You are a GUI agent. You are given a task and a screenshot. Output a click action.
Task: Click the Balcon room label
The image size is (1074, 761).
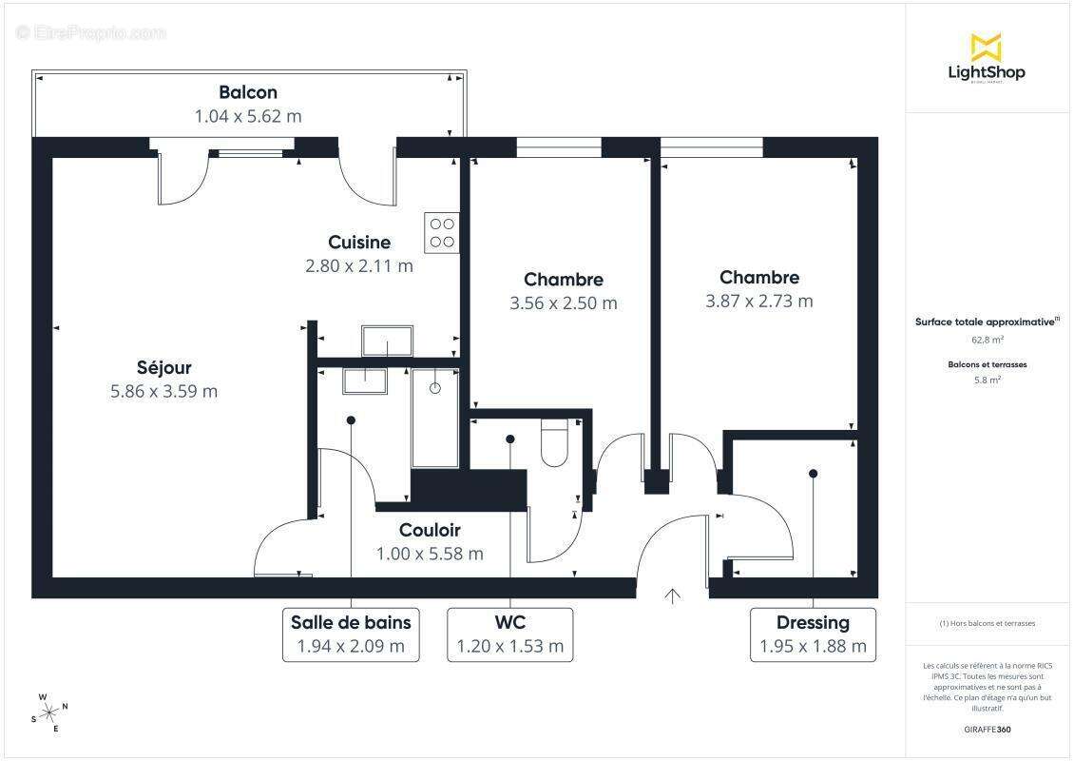[248, 92]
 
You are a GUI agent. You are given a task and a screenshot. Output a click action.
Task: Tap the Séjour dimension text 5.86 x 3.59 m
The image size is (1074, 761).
[163, 391]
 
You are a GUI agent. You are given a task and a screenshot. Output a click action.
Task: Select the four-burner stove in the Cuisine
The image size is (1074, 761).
[442, 233]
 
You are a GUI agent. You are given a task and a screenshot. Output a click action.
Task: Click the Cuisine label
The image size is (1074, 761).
[359, 243]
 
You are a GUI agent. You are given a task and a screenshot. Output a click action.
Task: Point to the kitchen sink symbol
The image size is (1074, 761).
[387, 340]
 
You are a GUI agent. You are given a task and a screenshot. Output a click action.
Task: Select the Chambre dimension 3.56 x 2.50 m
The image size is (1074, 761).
[564, 303]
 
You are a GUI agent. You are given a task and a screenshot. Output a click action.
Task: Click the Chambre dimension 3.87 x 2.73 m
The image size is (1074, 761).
[759, 302]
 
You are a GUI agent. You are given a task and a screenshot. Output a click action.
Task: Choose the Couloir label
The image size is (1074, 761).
[430, 530]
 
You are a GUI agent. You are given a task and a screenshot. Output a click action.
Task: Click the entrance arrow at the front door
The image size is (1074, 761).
[673, 596]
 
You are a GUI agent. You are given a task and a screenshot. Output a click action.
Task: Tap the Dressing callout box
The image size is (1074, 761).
[813, 634]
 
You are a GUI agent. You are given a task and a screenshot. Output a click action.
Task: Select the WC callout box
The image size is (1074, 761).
[510, 634]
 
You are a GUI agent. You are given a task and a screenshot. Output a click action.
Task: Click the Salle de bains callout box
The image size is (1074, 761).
[351, 634]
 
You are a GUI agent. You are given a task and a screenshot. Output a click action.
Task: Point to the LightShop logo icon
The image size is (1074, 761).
[986, 47]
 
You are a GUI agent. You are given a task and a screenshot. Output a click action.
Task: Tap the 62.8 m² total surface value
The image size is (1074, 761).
[987, 339]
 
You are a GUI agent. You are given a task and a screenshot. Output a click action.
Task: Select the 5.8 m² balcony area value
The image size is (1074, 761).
[987, 380]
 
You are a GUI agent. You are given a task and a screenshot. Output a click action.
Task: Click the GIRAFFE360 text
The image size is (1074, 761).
[987, 730]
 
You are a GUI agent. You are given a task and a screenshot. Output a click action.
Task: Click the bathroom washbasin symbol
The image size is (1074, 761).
[365, 380]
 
